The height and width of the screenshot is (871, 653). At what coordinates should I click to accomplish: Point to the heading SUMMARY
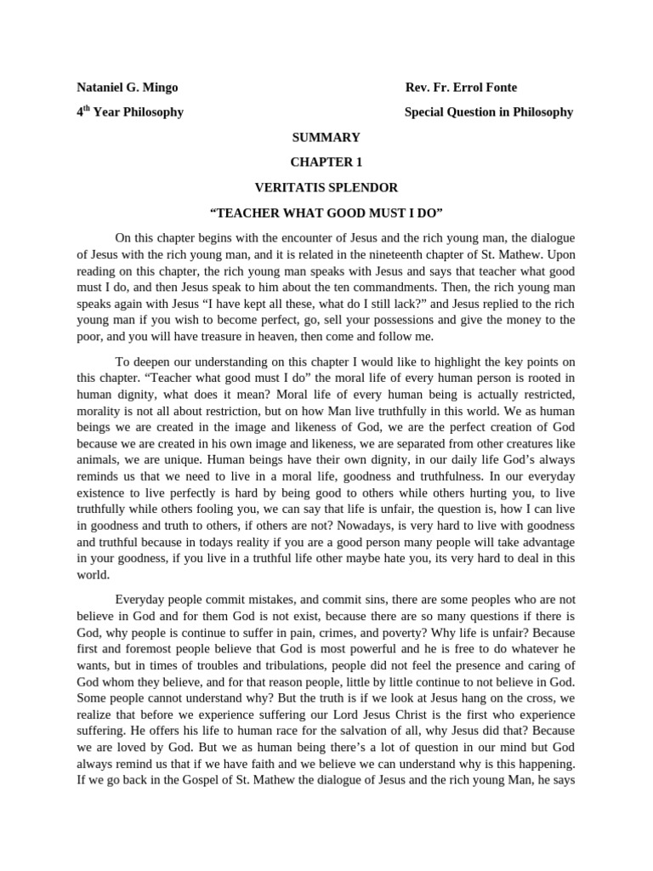tap(326, 137)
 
